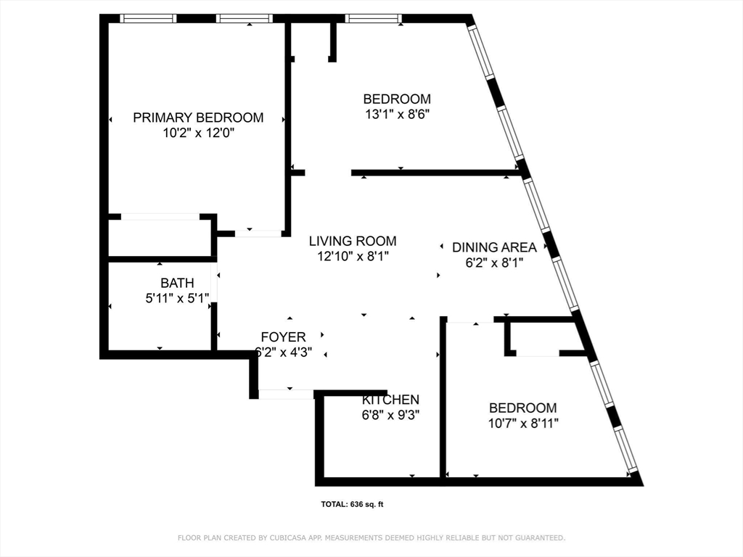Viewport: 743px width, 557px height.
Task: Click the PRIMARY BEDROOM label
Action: tap(198, 117)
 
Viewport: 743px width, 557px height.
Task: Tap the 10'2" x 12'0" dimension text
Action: tap(198, 133)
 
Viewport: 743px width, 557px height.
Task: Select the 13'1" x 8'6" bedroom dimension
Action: tap(397, 115)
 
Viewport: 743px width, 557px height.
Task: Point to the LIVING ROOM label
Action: tap(353, 241)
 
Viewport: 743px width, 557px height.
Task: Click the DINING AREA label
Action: tap(494, 247)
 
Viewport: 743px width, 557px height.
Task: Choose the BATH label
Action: tap(177, 283)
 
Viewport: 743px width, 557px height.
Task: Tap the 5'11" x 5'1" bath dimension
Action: tap(177, 297)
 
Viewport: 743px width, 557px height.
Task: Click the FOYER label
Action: tap(283, 337)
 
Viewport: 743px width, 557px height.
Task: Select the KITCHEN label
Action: tap(390, 400)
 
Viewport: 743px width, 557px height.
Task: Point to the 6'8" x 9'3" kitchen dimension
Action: tap(390, 416)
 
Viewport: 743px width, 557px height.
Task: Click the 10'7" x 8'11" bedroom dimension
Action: tap(522, 424)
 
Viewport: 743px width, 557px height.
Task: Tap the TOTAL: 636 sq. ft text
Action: tap(352, 505)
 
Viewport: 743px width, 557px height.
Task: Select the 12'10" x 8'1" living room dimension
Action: tap(353, 256)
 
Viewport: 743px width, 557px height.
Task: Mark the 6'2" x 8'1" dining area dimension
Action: tap(494, 263)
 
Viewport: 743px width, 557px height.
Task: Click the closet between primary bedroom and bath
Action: tap(160, 237)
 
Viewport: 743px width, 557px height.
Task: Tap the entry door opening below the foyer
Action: tap(286, 394)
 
